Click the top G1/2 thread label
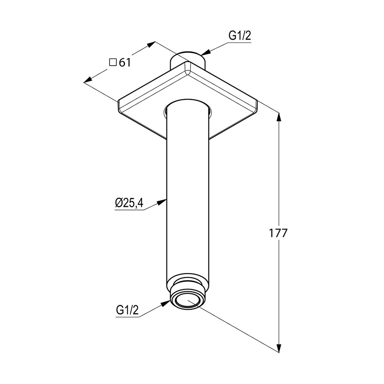[240, 36]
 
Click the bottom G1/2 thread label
[127, 310]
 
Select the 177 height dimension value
[278, 233]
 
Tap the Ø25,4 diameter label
[129, 203]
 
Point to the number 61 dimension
[125, 63]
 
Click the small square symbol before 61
[113, 62]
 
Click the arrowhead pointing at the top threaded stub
[206, 52]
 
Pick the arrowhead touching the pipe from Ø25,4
[162, 202]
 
